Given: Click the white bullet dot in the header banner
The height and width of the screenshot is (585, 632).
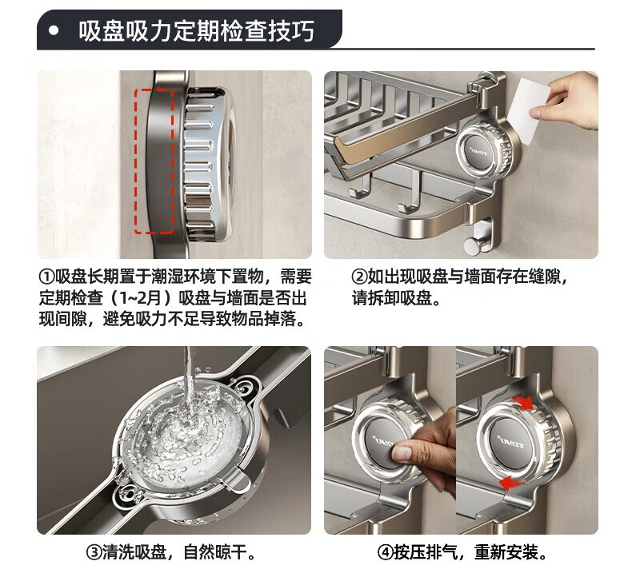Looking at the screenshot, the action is pos(54,31).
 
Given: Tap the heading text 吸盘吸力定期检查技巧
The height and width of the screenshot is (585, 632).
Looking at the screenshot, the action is pos(196,31).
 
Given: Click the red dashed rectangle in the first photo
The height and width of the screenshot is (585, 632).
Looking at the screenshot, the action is pos(154,161).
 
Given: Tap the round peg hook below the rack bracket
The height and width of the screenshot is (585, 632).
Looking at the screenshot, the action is pos(472,245).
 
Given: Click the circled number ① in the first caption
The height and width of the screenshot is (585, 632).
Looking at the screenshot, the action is pos(46,277).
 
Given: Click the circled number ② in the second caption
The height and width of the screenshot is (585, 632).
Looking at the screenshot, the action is pos(359,277).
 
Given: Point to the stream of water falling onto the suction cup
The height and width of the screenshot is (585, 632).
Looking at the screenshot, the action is pos(189,383).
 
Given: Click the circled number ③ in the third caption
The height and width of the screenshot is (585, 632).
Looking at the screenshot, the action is pos(94,551).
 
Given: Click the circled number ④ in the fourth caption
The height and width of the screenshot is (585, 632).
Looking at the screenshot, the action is pos(385,551).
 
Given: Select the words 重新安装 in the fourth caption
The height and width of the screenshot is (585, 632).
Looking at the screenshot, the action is pos(506,551).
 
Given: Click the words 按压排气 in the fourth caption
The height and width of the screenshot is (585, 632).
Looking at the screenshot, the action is pos(426,551).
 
